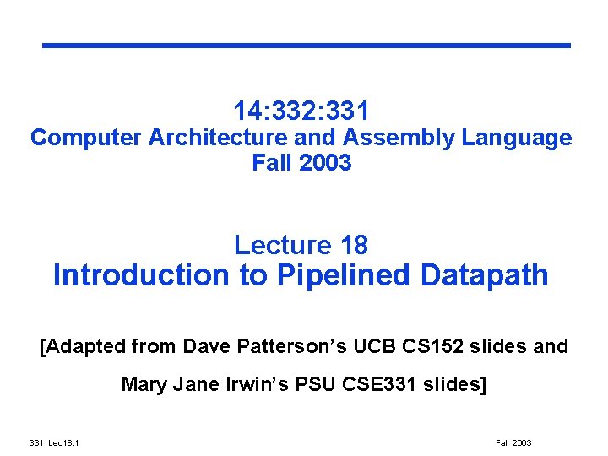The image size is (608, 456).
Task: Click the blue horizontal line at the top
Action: pyautogui.click(x=307, y=45)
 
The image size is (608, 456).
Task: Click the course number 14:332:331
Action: pyautogui.click(x=301, y=111)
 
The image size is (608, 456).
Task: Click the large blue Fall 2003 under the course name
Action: pyautogui.click(x=301, y=163)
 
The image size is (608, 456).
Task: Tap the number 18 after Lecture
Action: pyautogui.click(x=352, y=245)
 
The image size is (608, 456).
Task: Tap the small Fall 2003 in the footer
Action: pyautogui.click(x=513, y=443)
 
